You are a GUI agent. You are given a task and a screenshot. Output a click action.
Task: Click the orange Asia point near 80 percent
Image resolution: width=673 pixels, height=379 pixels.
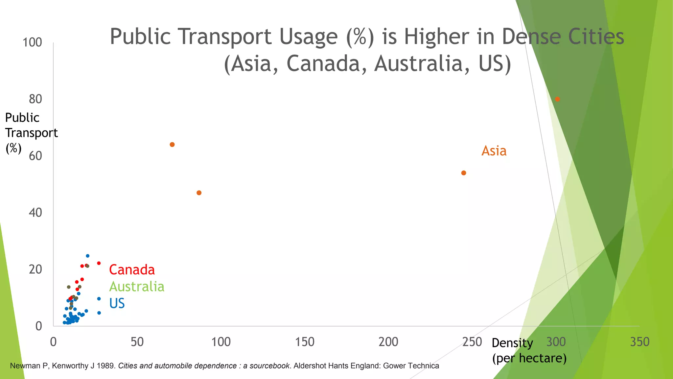click(x=557, y=99)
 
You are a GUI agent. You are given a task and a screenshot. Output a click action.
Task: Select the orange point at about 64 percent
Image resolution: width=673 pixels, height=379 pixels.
click(x=172, y=145)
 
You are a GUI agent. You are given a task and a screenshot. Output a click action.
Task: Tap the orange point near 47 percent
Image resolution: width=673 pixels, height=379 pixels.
click(x=199, y=193)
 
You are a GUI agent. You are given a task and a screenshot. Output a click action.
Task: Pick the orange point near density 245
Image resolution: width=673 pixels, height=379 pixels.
click(x=464, y=173)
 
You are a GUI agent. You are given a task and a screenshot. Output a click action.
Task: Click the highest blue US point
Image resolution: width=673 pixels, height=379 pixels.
click(x=87, y=256)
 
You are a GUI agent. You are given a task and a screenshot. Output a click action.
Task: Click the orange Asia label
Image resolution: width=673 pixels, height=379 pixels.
click(x=494, y=151)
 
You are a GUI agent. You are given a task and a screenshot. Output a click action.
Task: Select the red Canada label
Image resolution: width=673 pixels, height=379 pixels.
click(x=132, y=270)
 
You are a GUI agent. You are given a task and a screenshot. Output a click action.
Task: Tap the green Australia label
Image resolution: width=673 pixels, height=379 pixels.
click(x=137, y=287)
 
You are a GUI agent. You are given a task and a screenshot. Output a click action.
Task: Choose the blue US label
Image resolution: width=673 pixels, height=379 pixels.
click(x=117, y=303)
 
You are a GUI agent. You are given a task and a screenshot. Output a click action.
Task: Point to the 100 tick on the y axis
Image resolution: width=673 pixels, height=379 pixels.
click(x=32, y=42)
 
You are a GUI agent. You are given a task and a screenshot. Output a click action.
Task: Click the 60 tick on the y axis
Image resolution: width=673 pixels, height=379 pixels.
click(x=35, y=156)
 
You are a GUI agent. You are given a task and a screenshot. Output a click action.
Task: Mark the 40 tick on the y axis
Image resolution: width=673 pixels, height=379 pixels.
click(x=35, y=213)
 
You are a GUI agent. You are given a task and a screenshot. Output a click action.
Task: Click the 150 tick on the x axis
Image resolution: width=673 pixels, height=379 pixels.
click(x=305, y=342)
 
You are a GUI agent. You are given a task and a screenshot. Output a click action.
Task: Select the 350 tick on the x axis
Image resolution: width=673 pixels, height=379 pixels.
click(x=639, y=342)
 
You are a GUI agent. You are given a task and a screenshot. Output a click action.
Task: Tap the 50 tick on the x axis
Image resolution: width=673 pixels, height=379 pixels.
click(x=137, y=342)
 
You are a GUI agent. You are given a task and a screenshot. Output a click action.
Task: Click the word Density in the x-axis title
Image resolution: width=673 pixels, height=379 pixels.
click(x=512, y=343)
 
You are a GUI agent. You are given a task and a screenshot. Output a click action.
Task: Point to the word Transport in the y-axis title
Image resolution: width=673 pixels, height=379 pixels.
click(x=32, y=133)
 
